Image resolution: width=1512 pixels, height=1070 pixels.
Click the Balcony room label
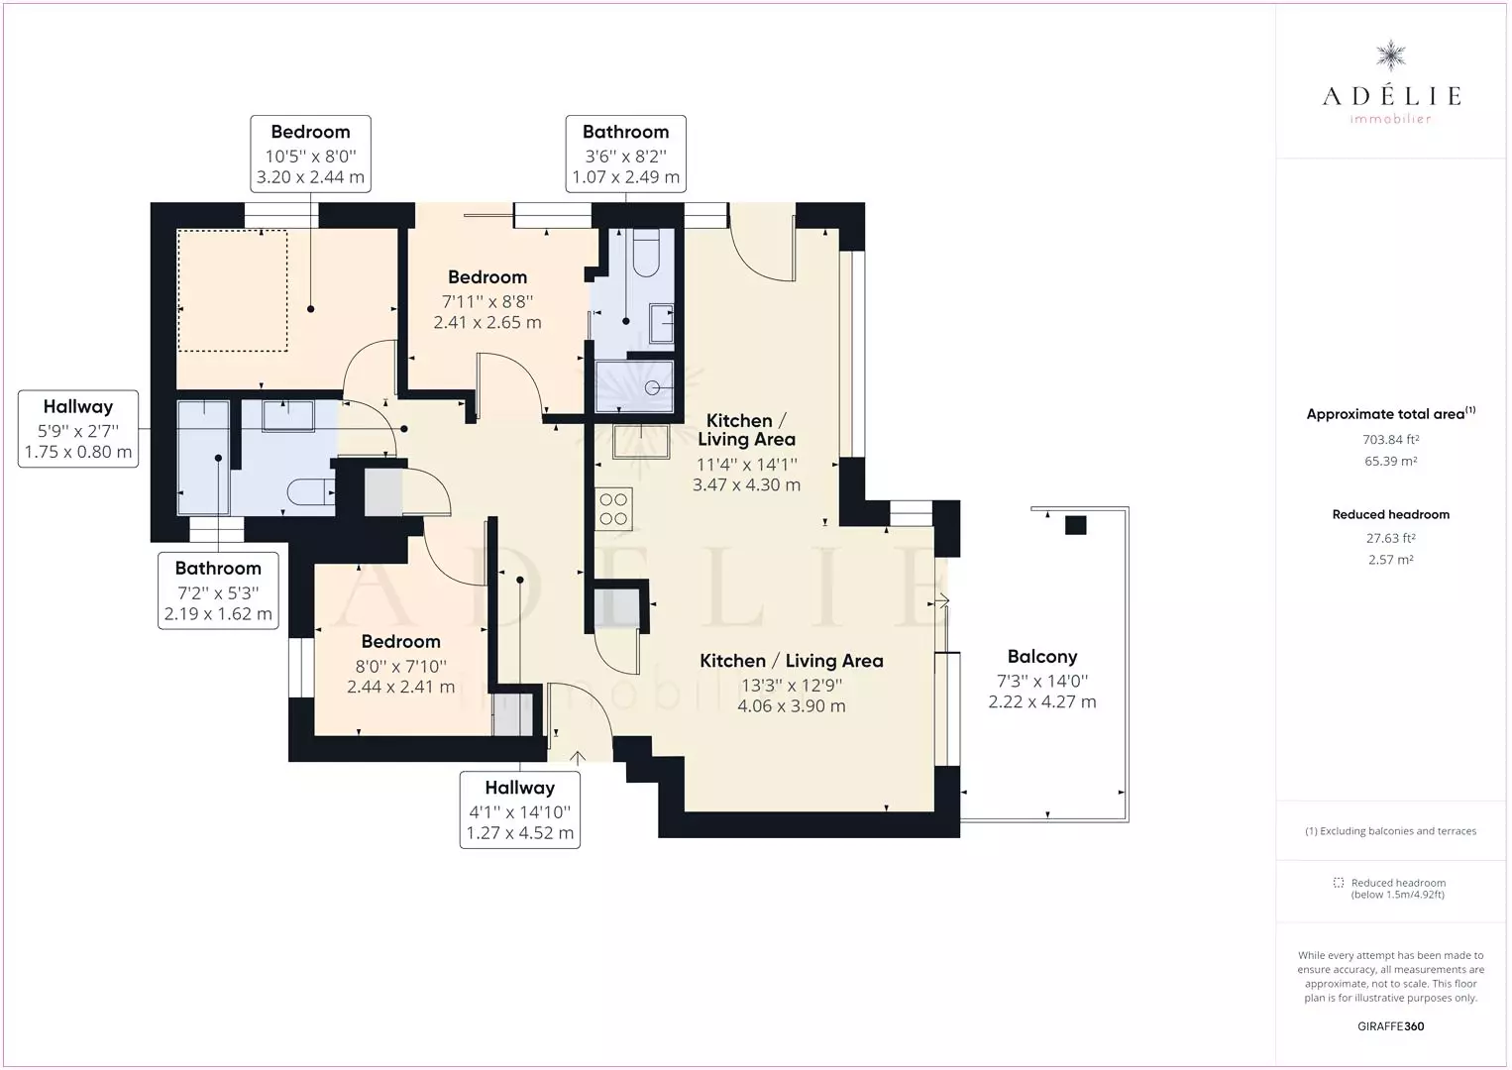[1041, 656]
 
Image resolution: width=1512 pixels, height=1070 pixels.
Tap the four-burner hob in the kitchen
[613, 509]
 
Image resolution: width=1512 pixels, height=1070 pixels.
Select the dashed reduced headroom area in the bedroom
[232, 290]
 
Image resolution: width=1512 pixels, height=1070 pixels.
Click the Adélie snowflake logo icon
[1390, 56]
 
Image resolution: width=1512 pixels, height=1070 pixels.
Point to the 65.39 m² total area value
[1390, 461]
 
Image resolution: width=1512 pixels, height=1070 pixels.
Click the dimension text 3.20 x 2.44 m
[310, 177]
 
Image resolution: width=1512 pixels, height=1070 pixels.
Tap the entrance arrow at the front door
[577, 758]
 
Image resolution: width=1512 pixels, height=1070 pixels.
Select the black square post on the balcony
[1075, 524]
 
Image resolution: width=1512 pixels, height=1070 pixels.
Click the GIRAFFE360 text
[1390, 1026]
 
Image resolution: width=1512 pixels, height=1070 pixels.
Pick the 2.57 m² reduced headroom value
[1390, 560]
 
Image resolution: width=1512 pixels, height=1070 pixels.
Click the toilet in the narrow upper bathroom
[646, 253]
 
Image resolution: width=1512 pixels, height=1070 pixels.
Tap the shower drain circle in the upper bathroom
[652, 388]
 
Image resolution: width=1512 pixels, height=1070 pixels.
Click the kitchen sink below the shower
[641, 442]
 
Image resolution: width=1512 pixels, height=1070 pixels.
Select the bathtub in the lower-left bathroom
[203, 458]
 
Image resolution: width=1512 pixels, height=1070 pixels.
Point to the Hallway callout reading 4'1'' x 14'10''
[520, 810]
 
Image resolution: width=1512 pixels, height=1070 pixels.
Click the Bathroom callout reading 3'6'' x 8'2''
[626, 154]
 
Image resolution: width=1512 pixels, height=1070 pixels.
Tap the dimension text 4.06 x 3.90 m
[791, 706]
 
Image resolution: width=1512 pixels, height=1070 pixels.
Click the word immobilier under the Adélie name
[1390, 119]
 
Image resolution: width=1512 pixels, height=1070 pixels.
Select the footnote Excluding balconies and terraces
[1390, 831]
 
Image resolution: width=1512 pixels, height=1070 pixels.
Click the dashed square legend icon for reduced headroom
[1339, 883]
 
